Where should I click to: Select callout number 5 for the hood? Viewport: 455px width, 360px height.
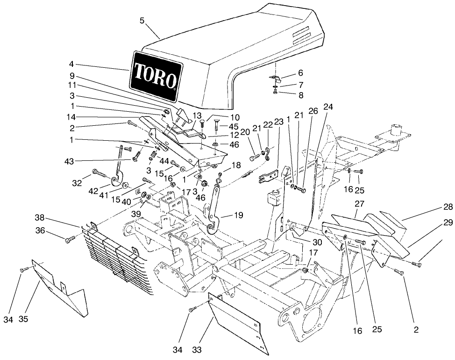(142, 20)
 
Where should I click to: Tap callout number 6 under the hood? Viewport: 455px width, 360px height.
(300, 73)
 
